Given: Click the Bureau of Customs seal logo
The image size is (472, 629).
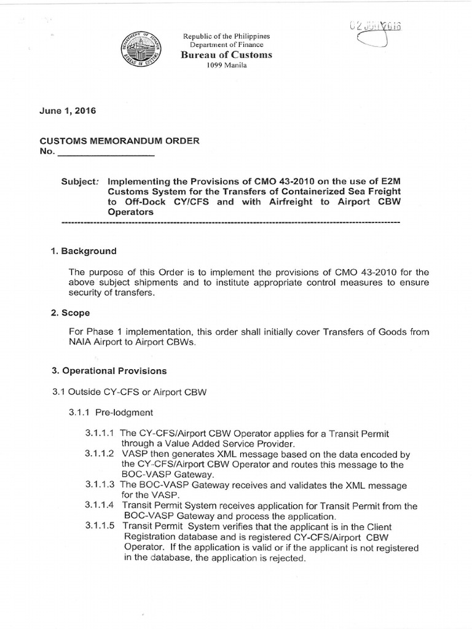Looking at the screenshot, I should (x=147, y=51).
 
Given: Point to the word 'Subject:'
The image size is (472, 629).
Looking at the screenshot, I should (x=81, y=182).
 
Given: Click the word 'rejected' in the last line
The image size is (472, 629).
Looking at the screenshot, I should (x=288, y=558).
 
